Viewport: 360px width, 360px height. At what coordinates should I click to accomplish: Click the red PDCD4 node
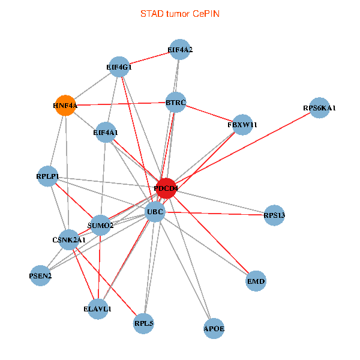point(166,188)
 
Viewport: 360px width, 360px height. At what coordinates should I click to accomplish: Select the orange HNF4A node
point(65,106)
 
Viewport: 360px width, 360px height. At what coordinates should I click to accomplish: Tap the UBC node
point(155,211)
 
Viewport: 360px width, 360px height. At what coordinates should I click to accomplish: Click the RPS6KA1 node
point(320,108)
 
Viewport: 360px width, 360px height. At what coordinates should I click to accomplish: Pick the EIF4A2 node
point(180,50)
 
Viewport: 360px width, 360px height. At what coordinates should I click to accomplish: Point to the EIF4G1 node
point(119,67)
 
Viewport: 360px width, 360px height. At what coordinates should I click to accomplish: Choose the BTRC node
point(176,103)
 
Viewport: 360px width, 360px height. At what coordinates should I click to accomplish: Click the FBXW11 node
point(242,125)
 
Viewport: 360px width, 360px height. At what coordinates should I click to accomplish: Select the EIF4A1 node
point(106,132)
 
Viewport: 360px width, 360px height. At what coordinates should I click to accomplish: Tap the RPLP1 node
point(47,176)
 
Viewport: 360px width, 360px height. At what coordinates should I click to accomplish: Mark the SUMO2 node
point(100,225)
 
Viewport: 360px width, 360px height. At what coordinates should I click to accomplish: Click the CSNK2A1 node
point(69,240)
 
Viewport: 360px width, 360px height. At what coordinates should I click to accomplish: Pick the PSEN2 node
point(40,275)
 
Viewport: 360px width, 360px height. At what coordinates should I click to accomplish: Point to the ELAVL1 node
point(97,308)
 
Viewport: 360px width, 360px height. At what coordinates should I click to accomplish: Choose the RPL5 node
point(144,324)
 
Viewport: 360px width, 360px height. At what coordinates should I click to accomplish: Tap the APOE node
point(214,328)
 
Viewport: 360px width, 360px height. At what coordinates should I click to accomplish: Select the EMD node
point(256,281)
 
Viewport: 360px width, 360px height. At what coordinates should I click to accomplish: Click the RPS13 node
point(274,215)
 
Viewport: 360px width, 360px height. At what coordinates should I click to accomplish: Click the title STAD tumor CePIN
point(179,13)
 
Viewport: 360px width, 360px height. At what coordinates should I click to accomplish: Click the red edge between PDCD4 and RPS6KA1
point(243,148)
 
